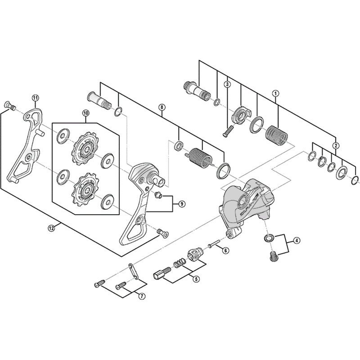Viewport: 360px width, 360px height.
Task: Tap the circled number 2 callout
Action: pos(335,145)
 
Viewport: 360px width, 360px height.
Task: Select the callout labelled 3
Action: pos(228,84)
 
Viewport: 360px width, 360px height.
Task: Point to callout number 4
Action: pos(297,241)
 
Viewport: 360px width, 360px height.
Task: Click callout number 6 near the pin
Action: pos(225,250)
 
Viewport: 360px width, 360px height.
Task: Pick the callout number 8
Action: pos(162,107)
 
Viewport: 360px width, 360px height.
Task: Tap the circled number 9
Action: pos(182,204)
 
